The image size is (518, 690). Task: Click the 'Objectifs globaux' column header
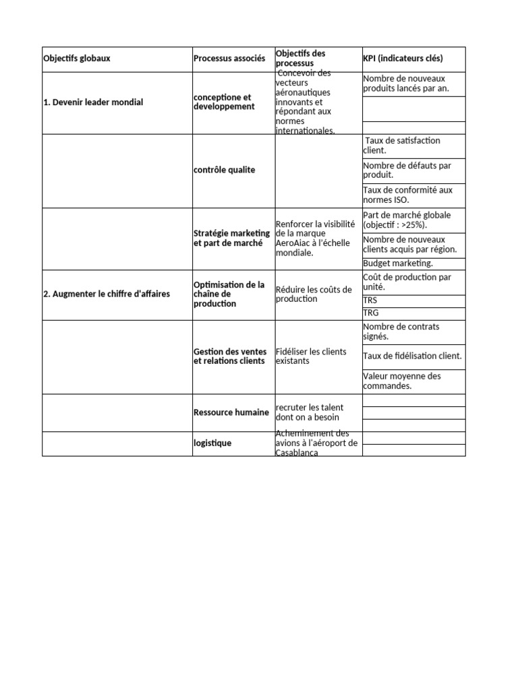click(77, 59)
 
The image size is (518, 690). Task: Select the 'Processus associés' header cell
click(229, 59)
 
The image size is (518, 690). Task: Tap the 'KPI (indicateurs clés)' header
click(403, 59)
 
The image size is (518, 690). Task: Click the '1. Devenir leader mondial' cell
click(93, 102)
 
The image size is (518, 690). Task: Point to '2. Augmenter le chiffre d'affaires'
click(107, 294)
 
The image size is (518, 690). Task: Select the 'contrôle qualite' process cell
click(225, 170)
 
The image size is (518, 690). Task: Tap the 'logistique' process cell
click(212, 443)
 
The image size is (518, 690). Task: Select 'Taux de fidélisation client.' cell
click(412, 356)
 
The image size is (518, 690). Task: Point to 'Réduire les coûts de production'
click(314, 294)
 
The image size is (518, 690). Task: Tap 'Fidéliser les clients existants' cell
click(310, 356)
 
